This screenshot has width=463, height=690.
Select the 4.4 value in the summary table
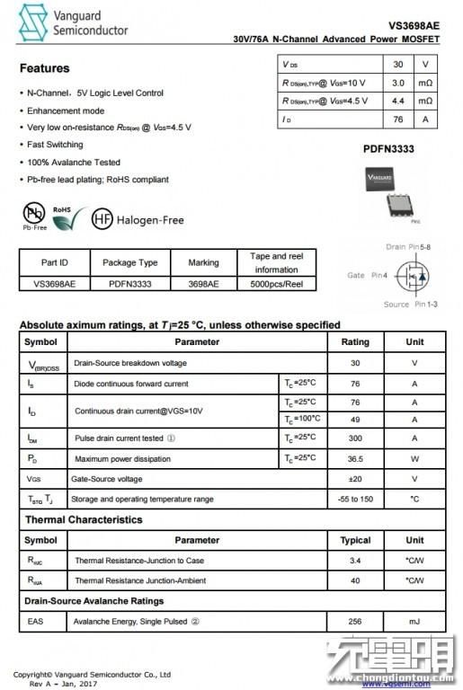(398, 101)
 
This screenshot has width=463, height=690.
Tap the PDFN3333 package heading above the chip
(388, 149)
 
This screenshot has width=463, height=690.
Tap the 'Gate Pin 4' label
(367, 275)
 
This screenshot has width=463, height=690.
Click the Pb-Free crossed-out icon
(34, 213)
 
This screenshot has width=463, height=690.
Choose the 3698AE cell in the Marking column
(203, 283)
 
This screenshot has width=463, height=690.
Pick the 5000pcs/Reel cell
(276, 283)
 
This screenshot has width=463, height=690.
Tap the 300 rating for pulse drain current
(355, 438)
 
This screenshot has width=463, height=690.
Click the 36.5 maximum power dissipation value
(355, 458)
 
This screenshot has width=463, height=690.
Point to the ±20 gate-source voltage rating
(355, 479)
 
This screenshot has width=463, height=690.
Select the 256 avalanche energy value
(355, 621)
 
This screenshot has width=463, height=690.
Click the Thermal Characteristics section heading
(83, 519)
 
